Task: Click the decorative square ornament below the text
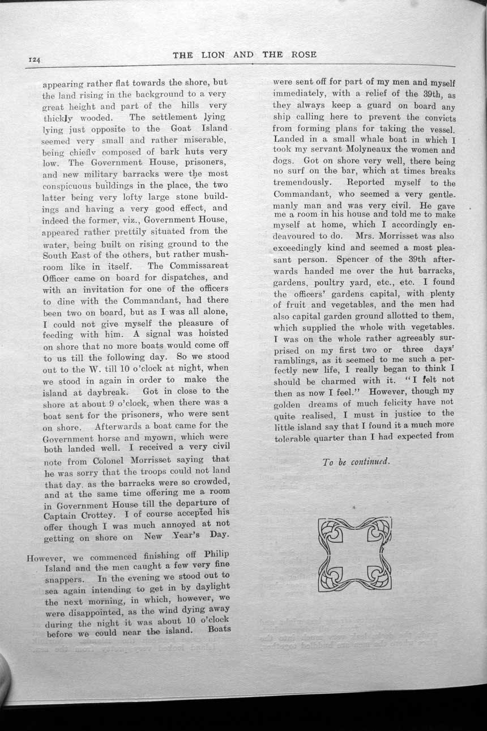click(355, 554)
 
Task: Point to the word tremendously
click(301, 183)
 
